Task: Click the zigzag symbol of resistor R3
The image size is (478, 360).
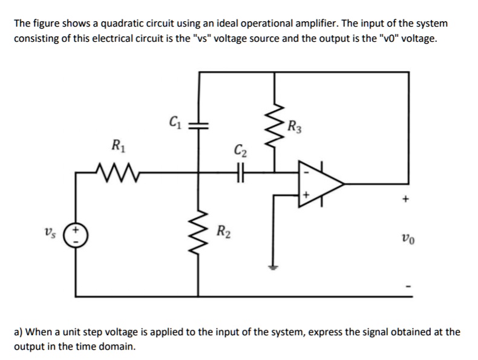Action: [x=278, y=127]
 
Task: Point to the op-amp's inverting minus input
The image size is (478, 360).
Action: [x=306, y=171]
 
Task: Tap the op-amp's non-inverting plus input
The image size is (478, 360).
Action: [x=306, y=195]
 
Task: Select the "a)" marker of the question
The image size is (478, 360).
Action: [x=19, y=332]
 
